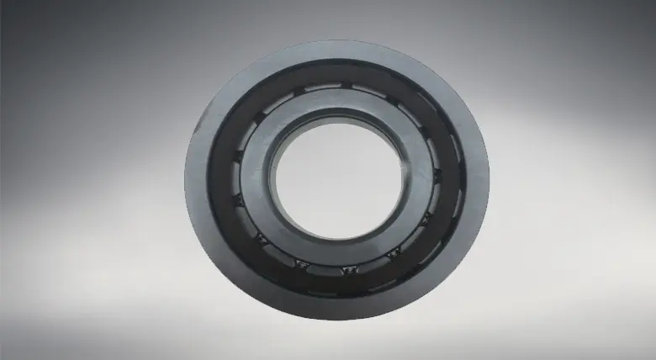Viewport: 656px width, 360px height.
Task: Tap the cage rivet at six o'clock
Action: click(x=346, y=270)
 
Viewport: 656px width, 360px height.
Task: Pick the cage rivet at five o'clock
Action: click(x=390, y=254)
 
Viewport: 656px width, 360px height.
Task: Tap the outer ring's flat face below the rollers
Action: click(x=337, y=303)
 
